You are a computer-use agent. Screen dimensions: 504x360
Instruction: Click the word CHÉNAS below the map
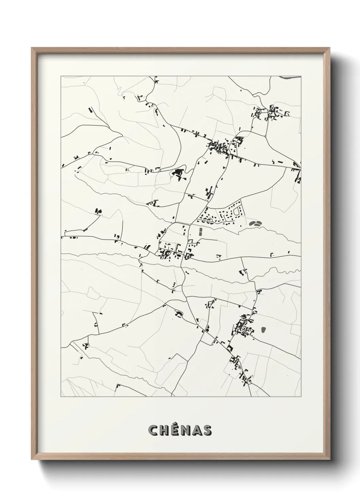point(180,430)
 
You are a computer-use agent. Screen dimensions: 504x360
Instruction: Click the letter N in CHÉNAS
point(185,430)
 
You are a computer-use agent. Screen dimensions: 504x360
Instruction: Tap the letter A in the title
point(196,430)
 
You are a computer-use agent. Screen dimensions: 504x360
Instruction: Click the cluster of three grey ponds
point(256,223)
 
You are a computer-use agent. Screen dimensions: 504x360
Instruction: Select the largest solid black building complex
point(177,173)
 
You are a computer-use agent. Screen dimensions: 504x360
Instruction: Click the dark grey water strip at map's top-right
point(289,78)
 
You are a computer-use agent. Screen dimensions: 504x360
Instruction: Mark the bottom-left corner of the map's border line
point(61,396)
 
